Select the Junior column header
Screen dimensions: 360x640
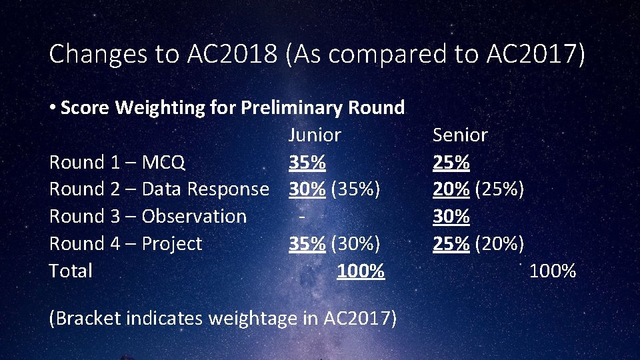[x=314, y=135]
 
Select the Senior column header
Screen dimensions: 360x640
[x=460, y=135]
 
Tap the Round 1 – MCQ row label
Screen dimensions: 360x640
[x=117, y=163]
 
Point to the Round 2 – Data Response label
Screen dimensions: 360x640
[x=159, y=189]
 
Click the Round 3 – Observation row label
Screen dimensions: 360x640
[x=148, y=217]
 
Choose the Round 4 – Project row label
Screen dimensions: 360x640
[x=125, y=244]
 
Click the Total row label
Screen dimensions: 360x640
[x=71, y=271]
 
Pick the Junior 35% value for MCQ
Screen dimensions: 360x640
[x=307, y=163]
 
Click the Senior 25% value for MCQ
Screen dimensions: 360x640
[x=451, y=163]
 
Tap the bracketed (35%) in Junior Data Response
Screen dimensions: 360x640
[x=355, y=189]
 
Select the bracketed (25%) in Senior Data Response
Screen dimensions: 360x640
[x=499, y=189]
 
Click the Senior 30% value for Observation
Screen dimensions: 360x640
[x=451, y=217]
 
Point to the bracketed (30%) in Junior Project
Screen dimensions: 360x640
[x=355, y=244]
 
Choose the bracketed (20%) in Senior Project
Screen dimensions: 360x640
[x=499, y=244]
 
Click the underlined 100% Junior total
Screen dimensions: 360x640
[x=361, y=271]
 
